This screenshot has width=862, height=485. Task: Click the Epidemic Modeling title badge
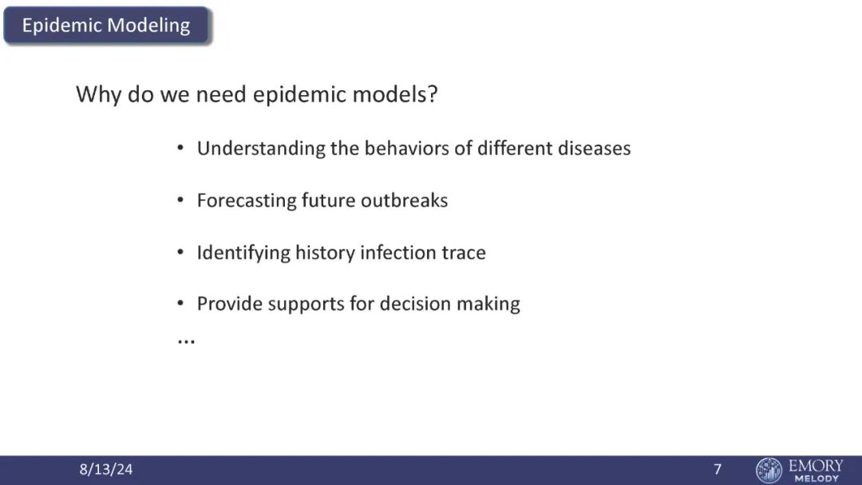[x=106, y=26]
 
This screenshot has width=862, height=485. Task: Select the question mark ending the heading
[x=433, y=94]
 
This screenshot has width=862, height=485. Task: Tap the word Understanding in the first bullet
[x=261, y=149]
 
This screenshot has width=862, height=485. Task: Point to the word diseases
[x=595, y=148]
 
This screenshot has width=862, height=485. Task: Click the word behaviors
[x=406, y=148]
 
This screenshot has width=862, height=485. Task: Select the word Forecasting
[x=247, y=201]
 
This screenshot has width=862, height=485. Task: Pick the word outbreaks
[x=404, y=200]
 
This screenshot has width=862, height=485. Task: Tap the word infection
[x=390, y=253]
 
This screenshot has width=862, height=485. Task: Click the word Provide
[x=230, y=304]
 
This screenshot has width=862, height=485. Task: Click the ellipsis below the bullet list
[x=186, y=342]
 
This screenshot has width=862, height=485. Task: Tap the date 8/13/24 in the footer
[x=106, y=469]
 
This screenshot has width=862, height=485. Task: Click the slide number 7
[x=718, y=469]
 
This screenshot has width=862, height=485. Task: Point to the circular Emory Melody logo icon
[x=769, y=470]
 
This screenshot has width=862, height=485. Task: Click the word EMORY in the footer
[x=816, y=466]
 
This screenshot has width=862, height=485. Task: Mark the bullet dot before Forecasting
[x=180, y=200]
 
